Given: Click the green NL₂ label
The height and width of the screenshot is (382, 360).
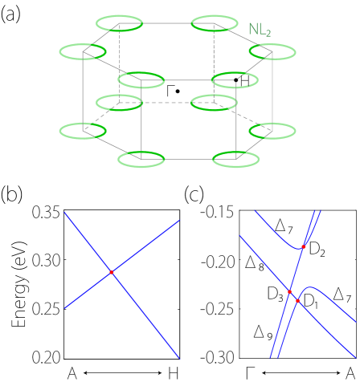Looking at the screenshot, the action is click(x=259, y=30).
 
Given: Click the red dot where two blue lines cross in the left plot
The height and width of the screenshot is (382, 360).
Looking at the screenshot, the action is click(x=112, y=273).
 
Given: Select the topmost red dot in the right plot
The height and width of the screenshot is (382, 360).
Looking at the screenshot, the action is click(x=304, y=246).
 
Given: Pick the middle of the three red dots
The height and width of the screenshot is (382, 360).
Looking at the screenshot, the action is click(x=289, y=291).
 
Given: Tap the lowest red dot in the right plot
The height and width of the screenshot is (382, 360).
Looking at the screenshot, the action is click(x=297, y=301).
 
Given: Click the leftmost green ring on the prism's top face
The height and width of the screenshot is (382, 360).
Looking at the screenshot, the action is click(x=83, y=51).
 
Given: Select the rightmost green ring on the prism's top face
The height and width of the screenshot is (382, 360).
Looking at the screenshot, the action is click(x=272, y=51).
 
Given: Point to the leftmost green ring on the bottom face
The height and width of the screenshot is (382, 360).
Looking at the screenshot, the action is click(x=83, y=131).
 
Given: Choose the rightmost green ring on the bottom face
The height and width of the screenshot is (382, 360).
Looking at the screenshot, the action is click(x=272, y=131).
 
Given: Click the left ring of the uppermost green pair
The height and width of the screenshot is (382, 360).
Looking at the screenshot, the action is click(x=120, y=23).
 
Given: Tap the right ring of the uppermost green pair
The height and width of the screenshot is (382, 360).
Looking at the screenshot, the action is click(x=215, y=23).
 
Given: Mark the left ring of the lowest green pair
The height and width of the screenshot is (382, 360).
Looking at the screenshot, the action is click(x=141, y=159).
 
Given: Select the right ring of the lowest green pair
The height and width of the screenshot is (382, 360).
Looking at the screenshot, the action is click(x=236, y=159).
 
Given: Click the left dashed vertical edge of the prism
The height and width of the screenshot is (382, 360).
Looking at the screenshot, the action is click(x=120, y=64).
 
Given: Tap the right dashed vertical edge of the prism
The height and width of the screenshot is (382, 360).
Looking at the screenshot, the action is click(x=215, y=64).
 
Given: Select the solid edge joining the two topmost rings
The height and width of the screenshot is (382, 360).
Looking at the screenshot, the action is click(x=167, y=23).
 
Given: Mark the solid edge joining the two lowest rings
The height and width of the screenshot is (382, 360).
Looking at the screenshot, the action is click(x=189, y=159).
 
